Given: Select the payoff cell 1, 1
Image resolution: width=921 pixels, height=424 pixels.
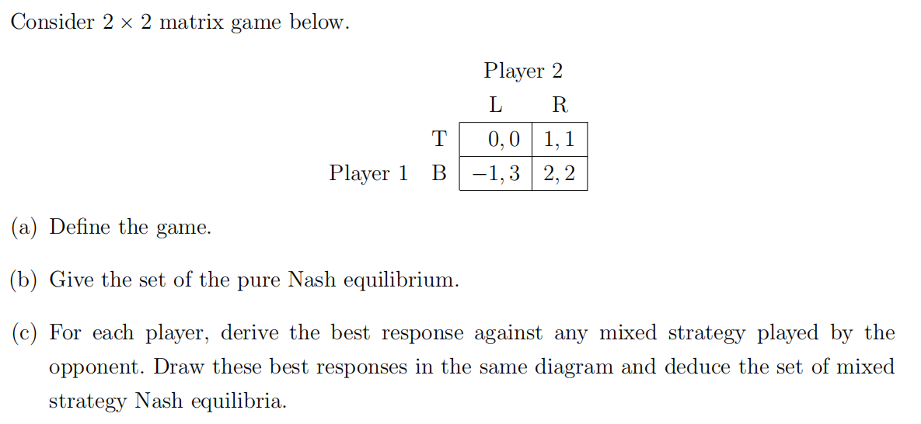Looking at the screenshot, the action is [560, 140].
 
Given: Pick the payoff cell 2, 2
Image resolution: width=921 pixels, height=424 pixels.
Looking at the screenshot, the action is [560, 173].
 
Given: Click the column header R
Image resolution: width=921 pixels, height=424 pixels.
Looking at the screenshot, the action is [559, 104].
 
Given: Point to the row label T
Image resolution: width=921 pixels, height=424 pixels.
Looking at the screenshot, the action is [439, 140].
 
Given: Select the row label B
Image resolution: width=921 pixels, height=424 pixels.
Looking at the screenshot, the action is [439, 173].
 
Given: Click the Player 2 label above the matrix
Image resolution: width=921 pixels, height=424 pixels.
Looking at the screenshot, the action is [523, 71].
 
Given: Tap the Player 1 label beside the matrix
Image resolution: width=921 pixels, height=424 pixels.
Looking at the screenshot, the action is [368, 173].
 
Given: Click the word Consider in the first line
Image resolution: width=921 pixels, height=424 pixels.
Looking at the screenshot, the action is [53, 23].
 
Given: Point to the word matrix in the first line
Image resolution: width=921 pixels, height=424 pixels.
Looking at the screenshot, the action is [191, 23].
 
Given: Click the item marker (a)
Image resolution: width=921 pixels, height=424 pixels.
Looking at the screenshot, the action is [25, 228].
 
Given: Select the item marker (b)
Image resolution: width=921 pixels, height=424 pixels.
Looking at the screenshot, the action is [25, 280].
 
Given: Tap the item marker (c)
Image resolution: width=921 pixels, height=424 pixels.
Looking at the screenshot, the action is [25, 333].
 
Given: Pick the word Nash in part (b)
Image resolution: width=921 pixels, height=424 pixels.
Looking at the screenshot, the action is [312, 280].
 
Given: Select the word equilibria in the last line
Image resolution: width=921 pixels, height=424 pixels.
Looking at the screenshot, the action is [242, 401].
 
